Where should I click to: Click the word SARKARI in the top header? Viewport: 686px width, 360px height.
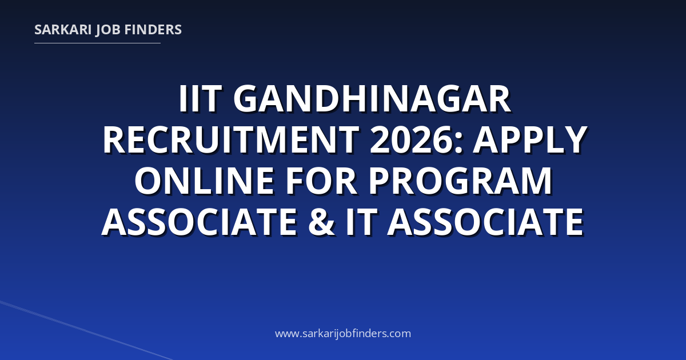(63, 30)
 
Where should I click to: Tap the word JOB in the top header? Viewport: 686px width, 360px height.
(108, 30)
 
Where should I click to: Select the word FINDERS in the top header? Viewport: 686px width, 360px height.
(153, 30)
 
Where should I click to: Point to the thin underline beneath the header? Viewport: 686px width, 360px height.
(97, 43)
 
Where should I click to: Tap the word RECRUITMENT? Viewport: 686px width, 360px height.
(231, 139)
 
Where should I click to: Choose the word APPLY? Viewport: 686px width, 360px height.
(530, 139)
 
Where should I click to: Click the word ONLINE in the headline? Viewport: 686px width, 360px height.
(204, 181)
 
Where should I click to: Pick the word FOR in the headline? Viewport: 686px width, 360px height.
(321, 181)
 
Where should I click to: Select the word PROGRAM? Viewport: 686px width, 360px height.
(460, 181)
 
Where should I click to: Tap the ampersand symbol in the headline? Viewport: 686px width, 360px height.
(321, 222)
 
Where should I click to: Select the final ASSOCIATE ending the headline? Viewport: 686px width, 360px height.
(486, 222)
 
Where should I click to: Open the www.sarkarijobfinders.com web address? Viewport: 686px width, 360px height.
(343, 333)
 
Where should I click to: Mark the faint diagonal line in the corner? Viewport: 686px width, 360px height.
(86, 331)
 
